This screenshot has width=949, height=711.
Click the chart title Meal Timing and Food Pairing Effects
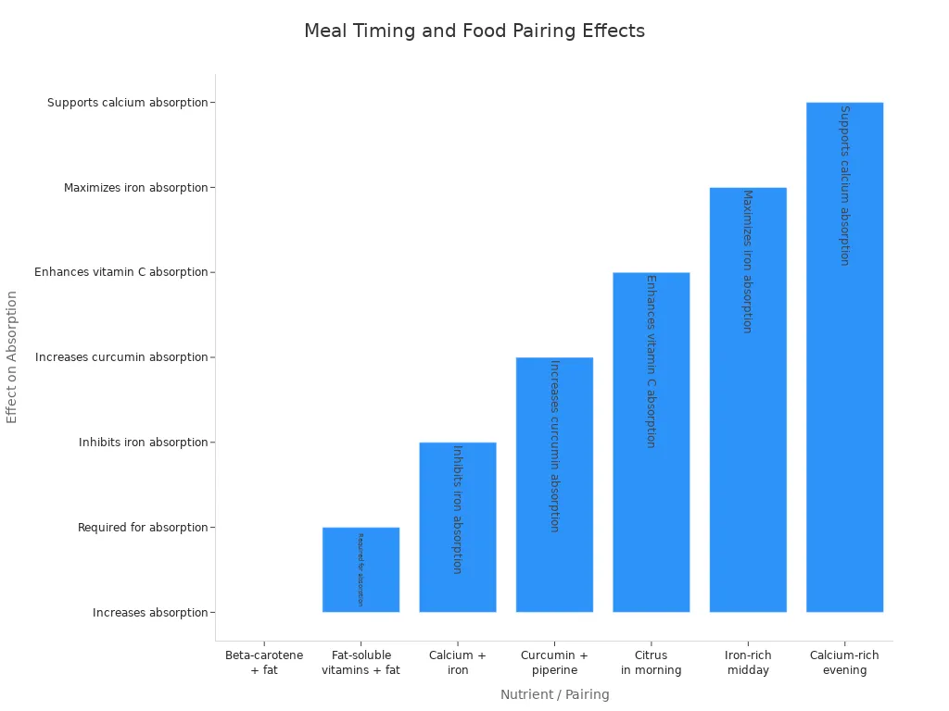(x=474, y=31)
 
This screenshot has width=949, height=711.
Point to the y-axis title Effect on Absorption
(x=12, y=356)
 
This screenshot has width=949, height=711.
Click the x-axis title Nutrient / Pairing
(x=554, y=694)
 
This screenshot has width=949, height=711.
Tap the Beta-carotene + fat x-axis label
(x=264, y=662)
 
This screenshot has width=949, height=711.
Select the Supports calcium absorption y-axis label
(x=128, y=103)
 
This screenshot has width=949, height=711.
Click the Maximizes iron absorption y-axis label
(x=135, y=188)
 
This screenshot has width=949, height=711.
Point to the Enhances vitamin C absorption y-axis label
(x=121, y=272)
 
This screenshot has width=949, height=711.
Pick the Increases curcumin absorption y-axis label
(x=121, y=357)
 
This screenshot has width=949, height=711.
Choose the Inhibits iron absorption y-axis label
(x=143, y=443)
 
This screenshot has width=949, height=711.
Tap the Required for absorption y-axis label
(x=143, y=528)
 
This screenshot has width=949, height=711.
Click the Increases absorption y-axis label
(x=150, y=613)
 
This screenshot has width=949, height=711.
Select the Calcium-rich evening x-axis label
(x=844, y=662)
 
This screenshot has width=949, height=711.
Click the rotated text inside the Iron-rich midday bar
(x=747, y=261)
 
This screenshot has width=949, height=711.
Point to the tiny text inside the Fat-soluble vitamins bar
(x=361, y=569)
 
